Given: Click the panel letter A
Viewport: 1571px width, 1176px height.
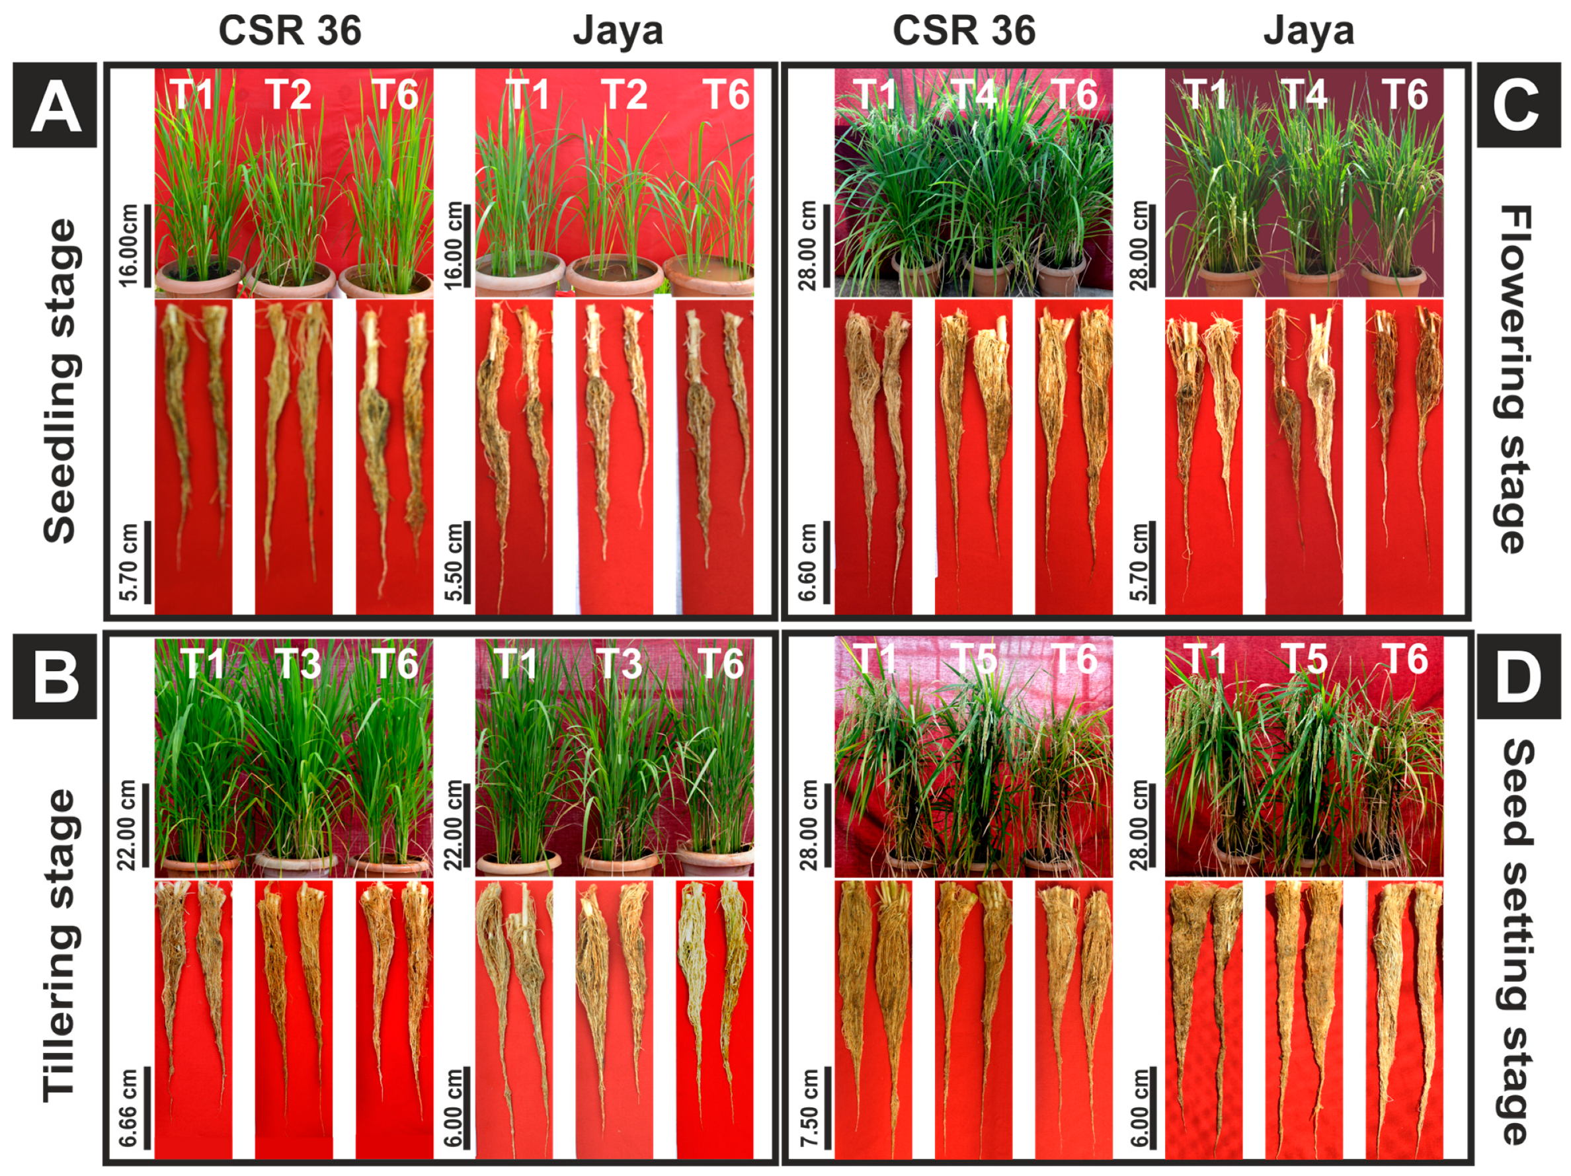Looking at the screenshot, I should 55,104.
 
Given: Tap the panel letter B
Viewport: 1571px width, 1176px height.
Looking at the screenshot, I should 55,676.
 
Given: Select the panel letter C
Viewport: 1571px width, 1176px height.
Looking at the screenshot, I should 1515,104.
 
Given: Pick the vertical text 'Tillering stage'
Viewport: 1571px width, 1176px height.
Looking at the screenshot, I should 60,945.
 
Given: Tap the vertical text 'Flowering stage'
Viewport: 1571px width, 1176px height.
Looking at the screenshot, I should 1515,379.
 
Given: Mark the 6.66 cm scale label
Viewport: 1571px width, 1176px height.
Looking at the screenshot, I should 128,1108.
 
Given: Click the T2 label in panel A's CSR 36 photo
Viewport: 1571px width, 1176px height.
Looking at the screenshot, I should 288,95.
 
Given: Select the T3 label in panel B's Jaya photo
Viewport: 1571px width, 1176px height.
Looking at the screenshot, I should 619,664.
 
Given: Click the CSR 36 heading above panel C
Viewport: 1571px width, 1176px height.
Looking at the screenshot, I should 964,31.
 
